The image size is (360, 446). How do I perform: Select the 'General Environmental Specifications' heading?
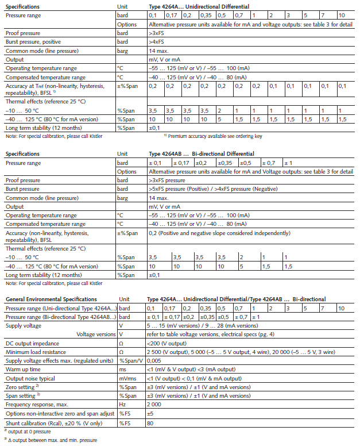click(x=51, y=299)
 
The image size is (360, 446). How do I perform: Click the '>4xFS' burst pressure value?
click(x=157, y=42)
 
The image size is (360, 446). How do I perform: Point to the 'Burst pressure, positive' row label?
click(x=33, y=42)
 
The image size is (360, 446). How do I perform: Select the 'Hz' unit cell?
click(x=122, y=404)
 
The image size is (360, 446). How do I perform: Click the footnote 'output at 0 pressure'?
click(x=29, y=430)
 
